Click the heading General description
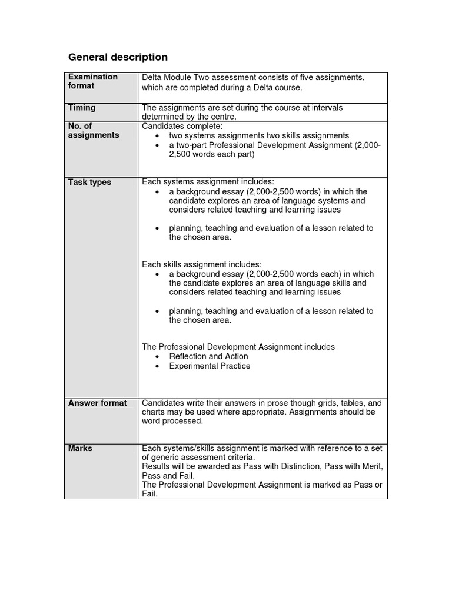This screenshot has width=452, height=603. (x=118, y=57)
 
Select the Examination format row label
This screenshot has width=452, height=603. (x=93, y=81)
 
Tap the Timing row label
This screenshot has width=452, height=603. (x=82, y=108)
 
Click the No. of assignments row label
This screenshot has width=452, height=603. (x=94, y=130)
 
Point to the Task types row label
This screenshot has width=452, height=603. (x=89, y=182)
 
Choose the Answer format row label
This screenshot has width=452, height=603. (x=97, y=403)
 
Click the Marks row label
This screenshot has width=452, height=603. (x=80, y=448)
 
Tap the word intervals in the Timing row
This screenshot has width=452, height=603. (x=326, y=108)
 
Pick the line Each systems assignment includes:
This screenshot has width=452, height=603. (x=208, y=182)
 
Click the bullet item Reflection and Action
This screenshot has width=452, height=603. (x=208, y=356)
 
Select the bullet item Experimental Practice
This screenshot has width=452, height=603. (x=210, y=366)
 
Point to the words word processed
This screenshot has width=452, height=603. (x=172, y=421)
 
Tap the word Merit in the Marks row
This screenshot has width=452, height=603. (x=371, y=466)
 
